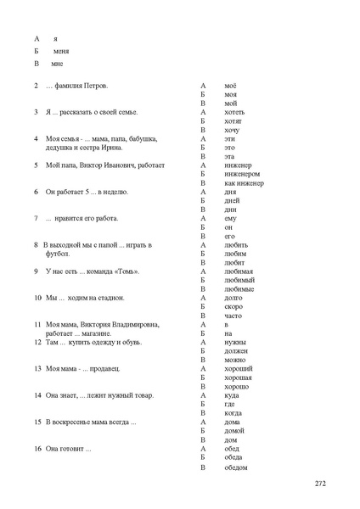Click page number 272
tap(320, 484)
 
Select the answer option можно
tap(235, 360)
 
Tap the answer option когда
tap(233, 413)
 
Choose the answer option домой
tap(234, 431)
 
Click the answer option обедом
tap(236, 467)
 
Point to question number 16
tap(38, 448)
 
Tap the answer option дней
tap(233, 200)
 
